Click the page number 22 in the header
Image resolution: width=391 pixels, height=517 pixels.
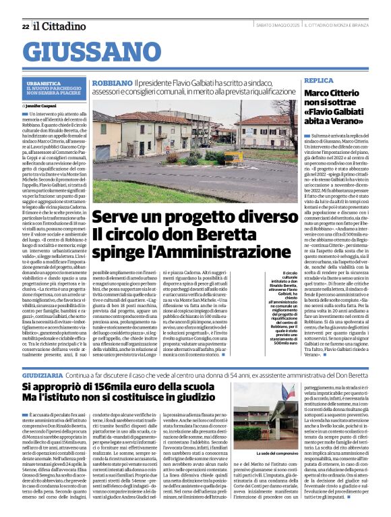point(25,26)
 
